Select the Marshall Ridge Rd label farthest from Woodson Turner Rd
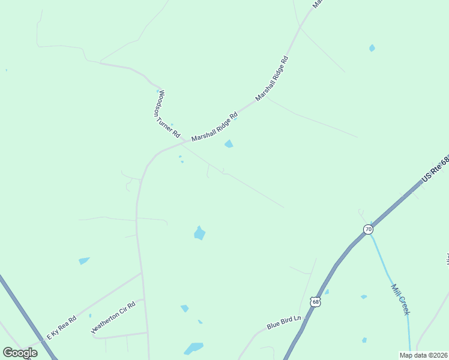pos(272,78)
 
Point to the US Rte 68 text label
pos(435,170)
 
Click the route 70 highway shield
pos(368,229)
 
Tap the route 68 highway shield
pos(316,302)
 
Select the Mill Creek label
pos(400,299)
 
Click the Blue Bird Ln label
pos(283,323)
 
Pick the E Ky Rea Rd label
pos(62,328)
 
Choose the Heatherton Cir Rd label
pos(113,317)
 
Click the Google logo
pos(20,352)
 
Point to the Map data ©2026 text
pos(423,355)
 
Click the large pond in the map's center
pos(200,233)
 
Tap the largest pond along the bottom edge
pos(193,348)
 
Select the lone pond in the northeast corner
pos(372,48)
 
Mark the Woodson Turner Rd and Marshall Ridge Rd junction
pos(184,140)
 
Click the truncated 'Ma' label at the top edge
pos(318,3)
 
